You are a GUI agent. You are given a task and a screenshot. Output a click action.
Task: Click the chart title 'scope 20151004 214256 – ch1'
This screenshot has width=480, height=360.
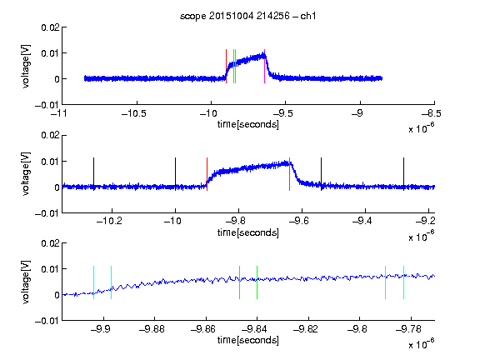point(248,16)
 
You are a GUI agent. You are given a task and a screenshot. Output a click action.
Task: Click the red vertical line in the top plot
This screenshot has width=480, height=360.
point(226,66)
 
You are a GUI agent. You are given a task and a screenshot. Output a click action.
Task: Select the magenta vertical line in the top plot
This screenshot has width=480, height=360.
point(264,66)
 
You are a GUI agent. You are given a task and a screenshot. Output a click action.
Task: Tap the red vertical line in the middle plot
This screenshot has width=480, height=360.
point(207,174)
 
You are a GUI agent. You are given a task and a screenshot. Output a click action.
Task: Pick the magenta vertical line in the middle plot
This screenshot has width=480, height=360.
point(290,174)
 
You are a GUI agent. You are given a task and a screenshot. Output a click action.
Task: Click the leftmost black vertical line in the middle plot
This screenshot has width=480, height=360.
point(93,174)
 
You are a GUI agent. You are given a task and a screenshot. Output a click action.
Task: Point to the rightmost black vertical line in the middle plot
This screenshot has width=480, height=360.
point(404,174)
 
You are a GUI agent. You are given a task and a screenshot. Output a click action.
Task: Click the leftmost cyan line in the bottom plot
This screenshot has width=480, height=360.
point(93,282)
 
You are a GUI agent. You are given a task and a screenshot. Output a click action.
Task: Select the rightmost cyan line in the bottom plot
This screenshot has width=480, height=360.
point(404,282)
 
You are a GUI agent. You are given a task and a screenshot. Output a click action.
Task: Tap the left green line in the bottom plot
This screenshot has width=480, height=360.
point(240,282)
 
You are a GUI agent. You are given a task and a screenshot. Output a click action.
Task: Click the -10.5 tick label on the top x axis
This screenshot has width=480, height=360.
point(134,113)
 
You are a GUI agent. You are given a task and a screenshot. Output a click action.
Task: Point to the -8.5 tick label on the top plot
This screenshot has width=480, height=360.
point(432,113)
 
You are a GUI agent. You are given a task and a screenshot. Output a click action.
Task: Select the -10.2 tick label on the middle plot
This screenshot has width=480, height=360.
point(109,221)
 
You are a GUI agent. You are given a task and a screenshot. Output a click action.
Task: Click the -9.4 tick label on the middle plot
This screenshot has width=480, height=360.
point(362,221)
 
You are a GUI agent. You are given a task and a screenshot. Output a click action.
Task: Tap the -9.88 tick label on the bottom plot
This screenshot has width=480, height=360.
point(152,329)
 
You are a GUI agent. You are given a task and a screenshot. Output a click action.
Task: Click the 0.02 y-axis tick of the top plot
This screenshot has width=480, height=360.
point(50,27)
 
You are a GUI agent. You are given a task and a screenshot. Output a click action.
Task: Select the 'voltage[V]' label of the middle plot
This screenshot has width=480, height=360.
point(26,174)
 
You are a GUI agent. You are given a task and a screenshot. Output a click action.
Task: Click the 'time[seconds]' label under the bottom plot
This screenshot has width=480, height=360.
point(248,340)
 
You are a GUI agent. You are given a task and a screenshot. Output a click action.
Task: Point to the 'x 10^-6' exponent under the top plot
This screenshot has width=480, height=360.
point(421,128)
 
